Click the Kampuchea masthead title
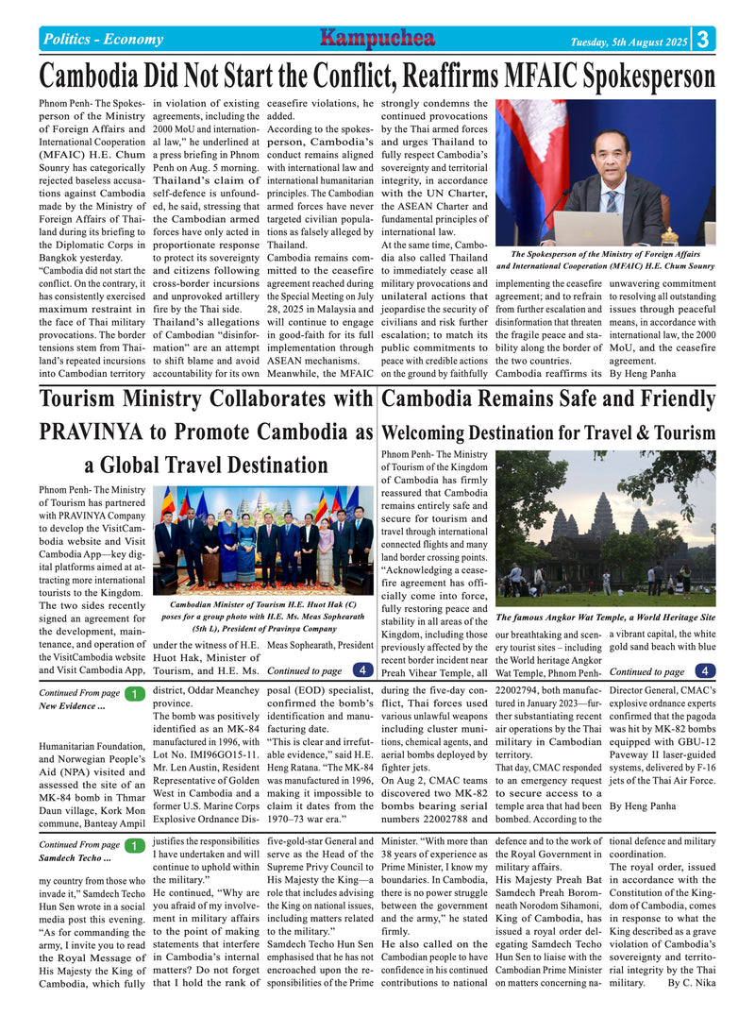pos(377,39)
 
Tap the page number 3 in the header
pos(704,39)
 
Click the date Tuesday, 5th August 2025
pos(629,42)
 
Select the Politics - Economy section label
pos(103,40)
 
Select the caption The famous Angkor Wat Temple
pos(605,617)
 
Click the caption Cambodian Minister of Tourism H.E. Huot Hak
pos(262,604)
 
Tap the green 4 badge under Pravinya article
pos(361,670)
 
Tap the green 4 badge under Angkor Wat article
pos(704,671)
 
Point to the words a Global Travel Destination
pos(206,466)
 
